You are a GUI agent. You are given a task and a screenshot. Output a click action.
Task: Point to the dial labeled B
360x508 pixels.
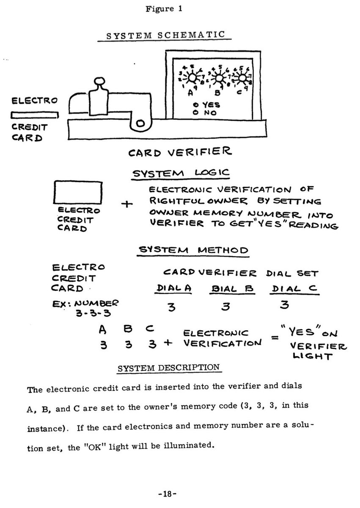click(x=219, y=77)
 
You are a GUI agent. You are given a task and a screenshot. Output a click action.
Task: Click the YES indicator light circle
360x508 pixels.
click(x=195, y=105)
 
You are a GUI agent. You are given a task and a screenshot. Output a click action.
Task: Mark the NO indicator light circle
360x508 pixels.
click(x=195, y=113)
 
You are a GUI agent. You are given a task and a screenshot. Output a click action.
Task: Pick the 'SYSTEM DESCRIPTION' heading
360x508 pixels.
click(x=168, y=367)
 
